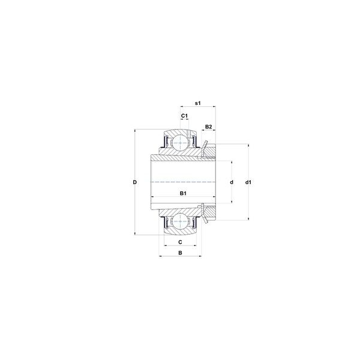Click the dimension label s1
(197, 103)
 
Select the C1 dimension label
(184, 116)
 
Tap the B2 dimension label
(208, 127)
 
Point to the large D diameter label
(135, 182)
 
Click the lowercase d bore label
(232, 182)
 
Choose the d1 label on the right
(248, 182)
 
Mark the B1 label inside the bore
(183, 193)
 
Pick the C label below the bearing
(180, 242)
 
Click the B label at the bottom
(180, 253)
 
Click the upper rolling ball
(180, 143)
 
